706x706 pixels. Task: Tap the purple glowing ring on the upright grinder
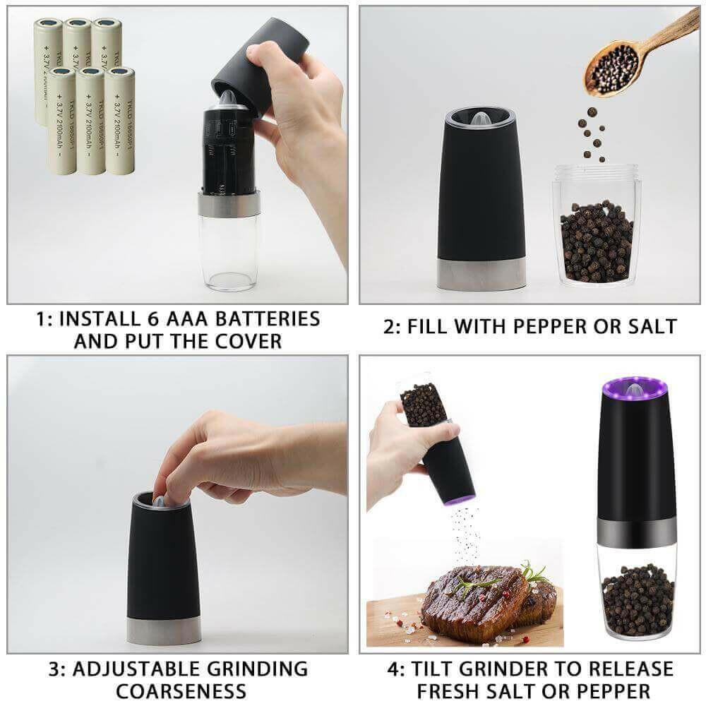(633, 387)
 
